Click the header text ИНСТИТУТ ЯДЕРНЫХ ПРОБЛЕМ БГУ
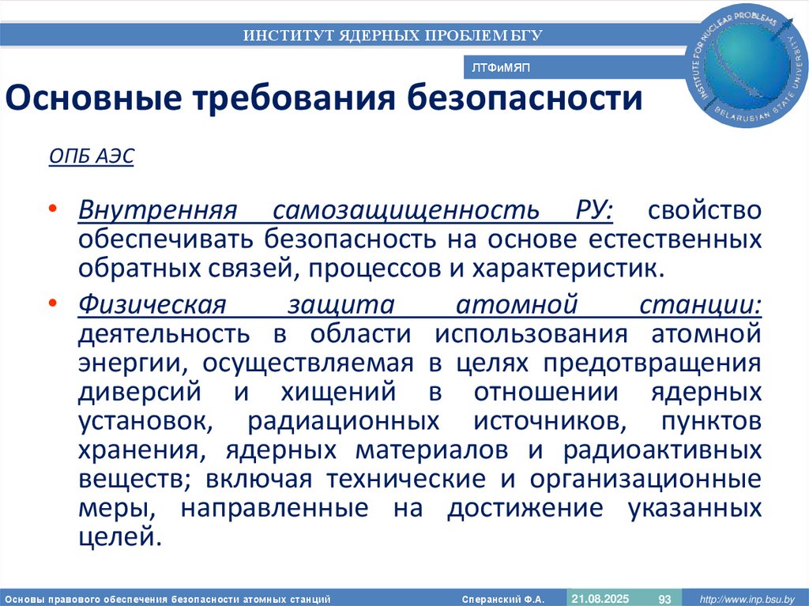393,35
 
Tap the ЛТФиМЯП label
500,69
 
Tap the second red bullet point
51,303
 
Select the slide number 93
664,598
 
